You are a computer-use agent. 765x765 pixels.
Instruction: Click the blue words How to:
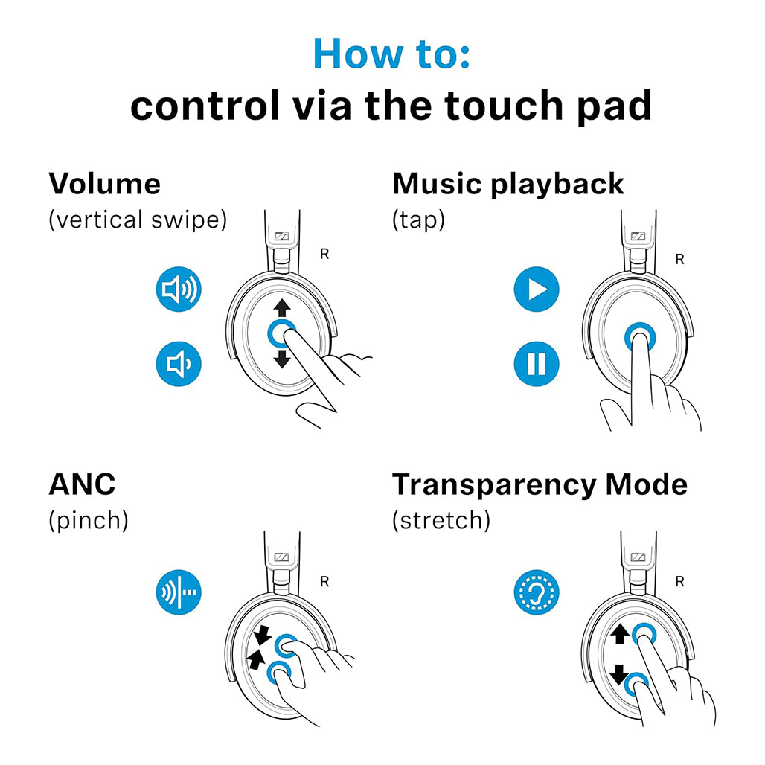pyautogui.click(x=391, y=53)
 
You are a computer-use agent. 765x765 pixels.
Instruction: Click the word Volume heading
pyautogui.click(x=104, y=183)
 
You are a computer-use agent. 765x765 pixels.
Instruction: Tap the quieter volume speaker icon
pyautogui.click(x=179, y=364)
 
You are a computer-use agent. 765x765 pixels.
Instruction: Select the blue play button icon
pyautogui.click(x=536, y=289)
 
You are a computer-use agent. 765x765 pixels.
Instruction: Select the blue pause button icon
pyautogui.click(x=536, y=364)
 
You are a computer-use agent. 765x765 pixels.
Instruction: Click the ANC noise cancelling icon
pyautogui.click(x=179, y=592)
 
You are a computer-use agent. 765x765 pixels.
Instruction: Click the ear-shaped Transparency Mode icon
pyautogui.click(x=537, y=593)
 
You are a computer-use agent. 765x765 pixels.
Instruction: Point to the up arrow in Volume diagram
pyautogui.click(x=281, y=307)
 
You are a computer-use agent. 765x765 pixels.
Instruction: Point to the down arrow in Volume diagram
pyautogui.click(x=281, y=359)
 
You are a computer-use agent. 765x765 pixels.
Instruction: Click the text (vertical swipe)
pyautogui.click(x=138, y=220)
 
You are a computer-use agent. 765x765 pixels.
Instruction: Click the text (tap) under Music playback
pyautogui.click(x=418, y=220)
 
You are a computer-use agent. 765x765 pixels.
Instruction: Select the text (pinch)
pyautogui.click(x=89, y=520)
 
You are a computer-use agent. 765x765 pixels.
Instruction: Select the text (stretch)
pyautogui.click(x=441, y=520)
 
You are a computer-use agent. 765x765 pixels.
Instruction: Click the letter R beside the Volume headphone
pyautogui.click(x=324, y=254)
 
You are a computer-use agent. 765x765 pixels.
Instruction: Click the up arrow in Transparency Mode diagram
pyautogui.click(x=619, y=634)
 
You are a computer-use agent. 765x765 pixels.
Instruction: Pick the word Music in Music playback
pyautogui.click(x=437, y=183)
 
